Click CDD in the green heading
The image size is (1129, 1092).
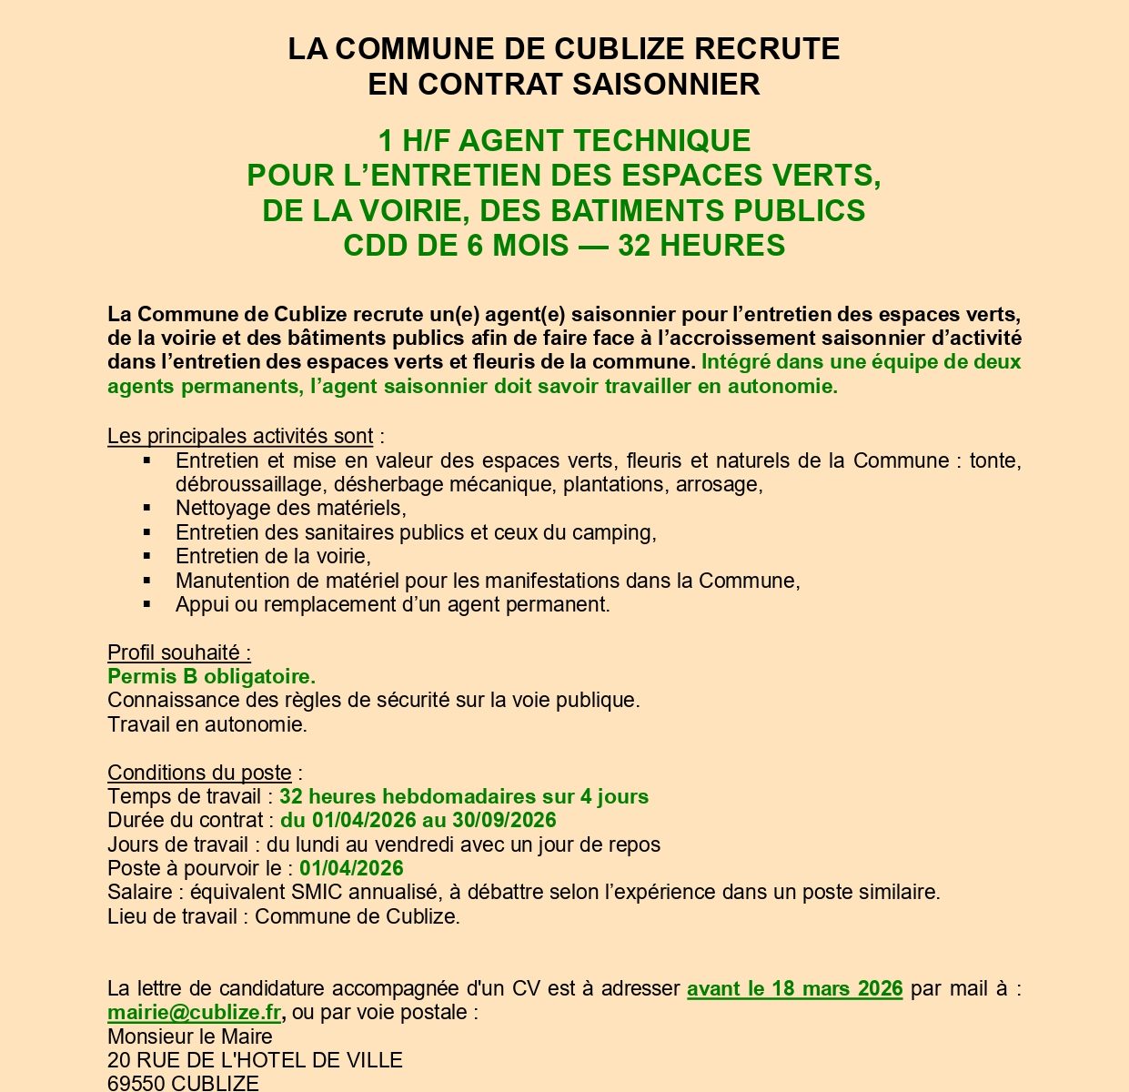pos(375,246)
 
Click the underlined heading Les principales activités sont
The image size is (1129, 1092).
pos(240,436)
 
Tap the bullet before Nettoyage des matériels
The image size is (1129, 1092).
pos(147,507)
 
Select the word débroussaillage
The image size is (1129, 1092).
pos(252,484)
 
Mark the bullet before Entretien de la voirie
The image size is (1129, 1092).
pos(147,555)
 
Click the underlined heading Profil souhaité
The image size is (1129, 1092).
pos(178,652)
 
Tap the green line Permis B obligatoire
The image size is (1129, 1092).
pos(211,676)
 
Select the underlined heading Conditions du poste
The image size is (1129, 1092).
pos(199,773)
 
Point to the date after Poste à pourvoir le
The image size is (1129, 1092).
pos(351,868)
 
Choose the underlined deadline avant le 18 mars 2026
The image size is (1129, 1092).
pos(794,988)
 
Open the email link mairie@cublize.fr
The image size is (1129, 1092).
pos(194,1012)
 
